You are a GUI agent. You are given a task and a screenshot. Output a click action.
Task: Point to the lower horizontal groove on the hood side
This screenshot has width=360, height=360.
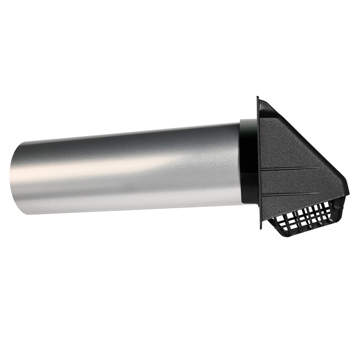point(297,194)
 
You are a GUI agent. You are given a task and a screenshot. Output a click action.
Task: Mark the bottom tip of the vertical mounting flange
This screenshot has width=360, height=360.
point(261,228)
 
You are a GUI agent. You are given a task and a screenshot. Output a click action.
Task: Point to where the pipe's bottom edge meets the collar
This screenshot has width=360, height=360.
point(241,198)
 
